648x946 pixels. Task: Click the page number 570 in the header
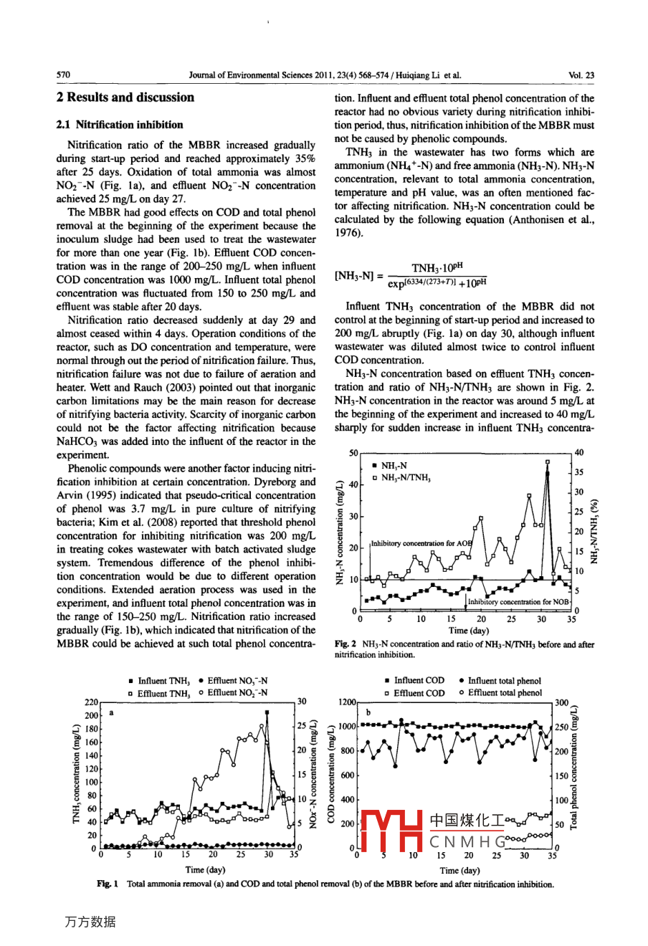pyautogui.click(x=63, y=75)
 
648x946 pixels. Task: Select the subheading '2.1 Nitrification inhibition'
pyautogui.click(x=119, y=125)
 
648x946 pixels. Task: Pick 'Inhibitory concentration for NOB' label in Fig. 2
pyautogui.click(x=519, y=602)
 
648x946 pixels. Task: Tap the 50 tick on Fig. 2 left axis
pyautogui.click(x=353, y=454)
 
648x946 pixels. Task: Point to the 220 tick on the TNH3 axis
pyautogui.click(x=91, y=703)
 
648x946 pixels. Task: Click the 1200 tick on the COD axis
pyautogui.click(x=346, y=703)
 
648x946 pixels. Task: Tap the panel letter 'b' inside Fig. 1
pyautogui.click(x=368, y=713)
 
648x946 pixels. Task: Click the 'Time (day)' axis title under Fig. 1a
pyautogui.click(x=206, y=870)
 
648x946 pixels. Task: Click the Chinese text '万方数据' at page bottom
pyautogui.click(x=90, y=922)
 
